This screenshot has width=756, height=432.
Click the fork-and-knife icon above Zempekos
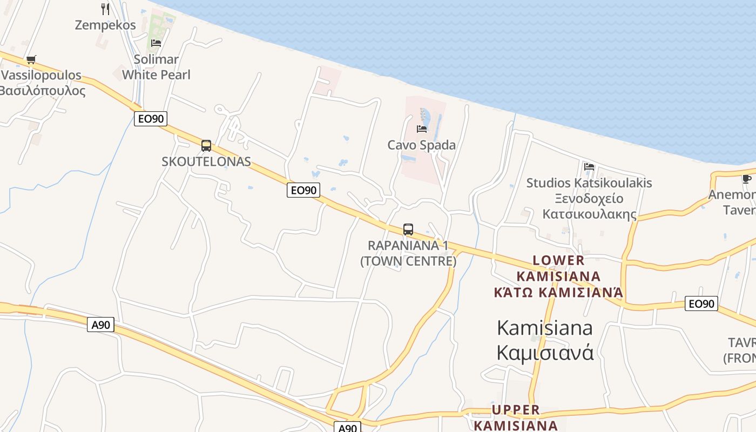pyautogui.click(x=105, y=9)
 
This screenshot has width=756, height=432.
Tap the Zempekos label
pyautogui.click(x=105, y=25)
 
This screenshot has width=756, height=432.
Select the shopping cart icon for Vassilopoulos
pyautogui.click(x=31, y=59)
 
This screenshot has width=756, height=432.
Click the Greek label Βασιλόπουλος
pyautogui.click(x=42, y=90)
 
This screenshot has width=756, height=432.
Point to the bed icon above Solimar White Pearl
pyautogui.click(x=156, y=43)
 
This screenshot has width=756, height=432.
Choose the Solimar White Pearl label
pyautogui.click(x=156, y=67)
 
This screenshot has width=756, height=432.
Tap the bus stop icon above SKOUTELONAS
pyautogui.click(x=206, y=145)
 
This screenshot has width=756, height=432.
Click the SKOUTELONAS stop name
pyautogui.click(x=206, y=161)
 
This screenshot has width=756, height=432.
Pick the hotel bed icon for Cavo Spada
pyautogui.click(x=422, y=129)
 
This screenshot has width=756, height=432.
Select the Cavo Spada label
pyautogui.click(x=422, y=145)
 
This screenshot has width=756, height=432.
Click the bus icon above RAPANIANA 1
pyautogui.click(x=408, y=229)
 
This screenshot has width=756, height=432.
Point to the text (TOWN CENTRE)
pyautogui.click(x=408, y=261)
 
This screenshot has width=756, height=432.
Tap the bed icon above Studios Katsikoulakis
pyautogui.click(x=589, y=166)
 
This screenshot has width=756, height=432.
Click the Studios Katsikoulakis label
pyautogui.click(x=589, y=183)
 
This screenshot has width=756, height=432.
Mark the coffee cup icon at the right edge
pyautogui.click(x=746, y=179)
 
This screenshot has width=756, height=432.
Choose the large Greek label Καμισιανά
pyautogui.click(x=545, y=352)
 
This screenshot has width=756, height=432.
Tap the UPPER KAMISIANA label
pyautogui.click(x=516, y=417)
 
